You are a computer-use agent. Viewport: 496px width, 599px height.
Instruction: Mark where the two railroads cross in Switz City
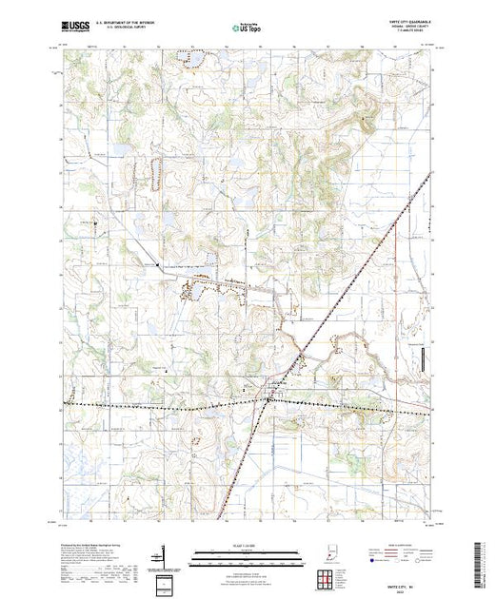(268, 400)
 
